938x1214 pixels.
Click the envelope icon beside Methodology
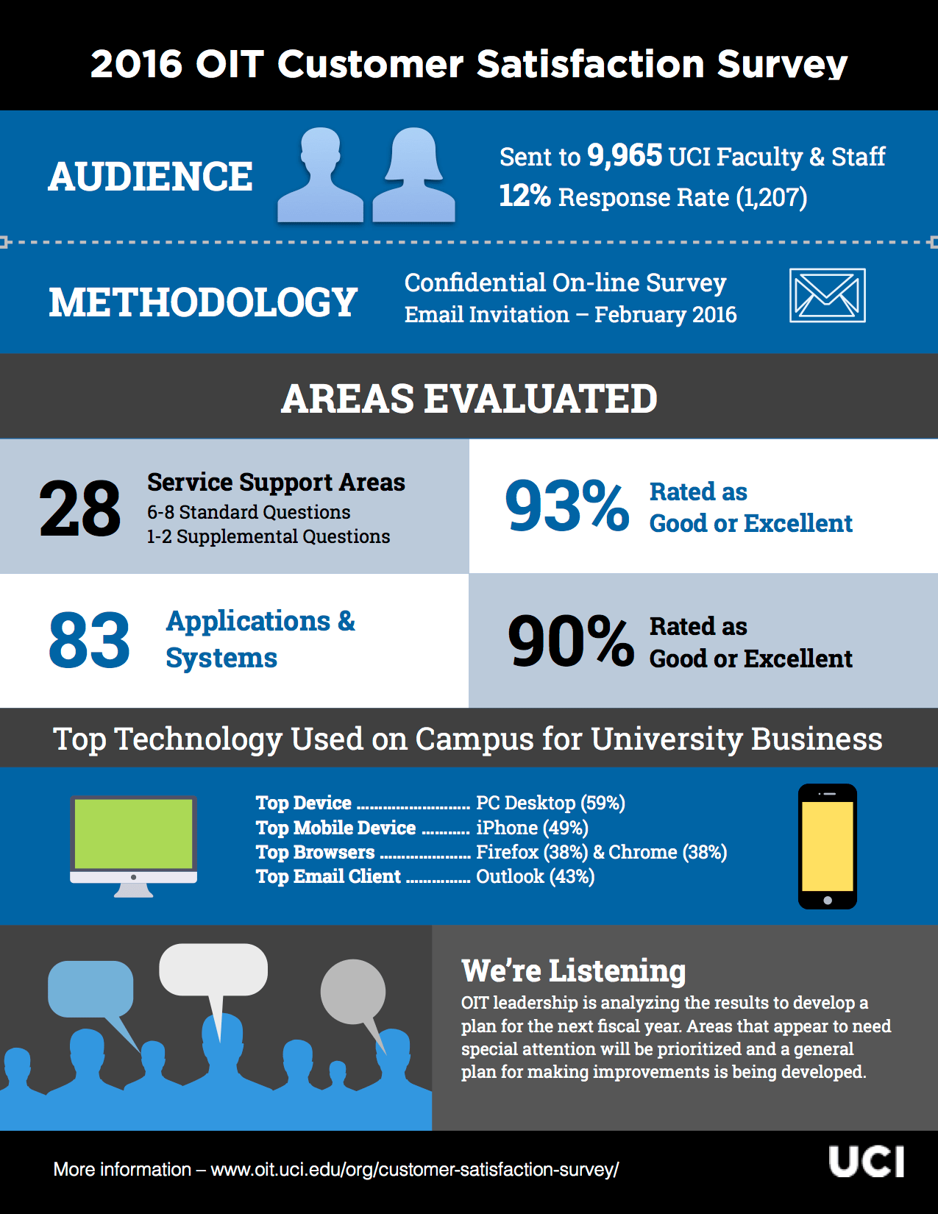click(827, 296)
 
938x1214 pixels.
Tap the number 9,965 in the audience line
click(625, 155)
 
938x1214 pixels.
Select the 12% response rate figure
click(525, 196)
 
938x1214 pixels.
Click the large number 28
click(79, 508)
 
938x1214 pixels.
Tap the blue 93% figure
click(566, 505)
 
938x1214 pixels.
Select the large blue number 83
click(89, 641)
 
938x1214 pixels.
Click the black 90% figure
click(570, 642)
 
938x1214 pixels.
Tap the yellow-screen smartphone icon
click(828, 846)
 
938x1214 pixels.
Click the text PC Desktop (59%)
click(550, 803)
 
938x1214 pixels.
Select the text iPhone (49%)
click(532, 828)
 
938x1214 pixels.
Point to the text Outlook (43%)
click(535, 876)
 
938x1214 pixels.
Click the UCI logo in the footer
click(866, 1162)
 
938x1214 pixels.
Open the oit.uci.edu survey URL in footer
click(414, 1169)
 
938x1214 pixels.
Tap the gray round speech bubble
click(353, 992)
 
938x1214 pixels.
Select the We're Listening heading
click(573, 970)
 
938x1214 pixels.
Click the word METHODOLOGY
click(203, 302)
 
